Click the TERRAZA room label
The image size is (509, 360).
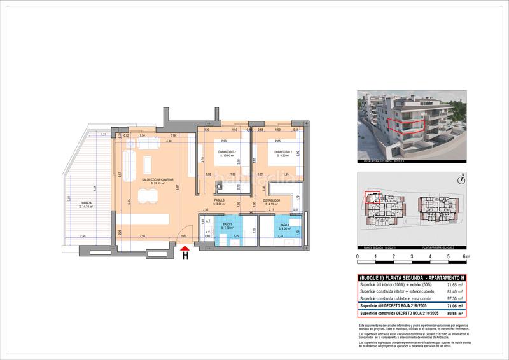(x=85, y=203)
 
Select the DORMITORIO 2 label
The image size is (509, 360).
(x=227, y=151)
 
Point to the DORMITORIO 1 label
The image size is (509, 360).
(x=283, y=151)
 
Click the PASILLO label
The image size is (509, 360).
(x=219, y=202)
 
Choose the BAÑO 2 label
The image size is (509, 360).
(x=284, y=225)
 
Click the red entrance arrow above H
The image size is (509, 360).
(x=185, y=248)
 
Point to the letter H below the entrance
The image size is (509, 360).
(x=185, y=257)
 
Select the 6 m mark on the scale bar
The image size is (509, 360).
(x=466, y=256)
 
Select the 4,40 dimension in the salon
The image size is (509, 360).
(x=169, y=141)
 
